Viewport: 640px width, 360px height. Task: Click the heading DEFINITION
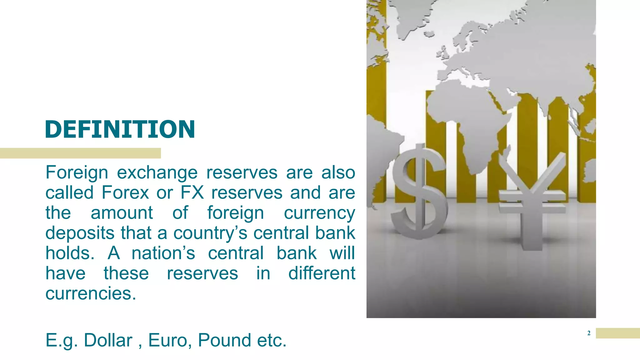120,129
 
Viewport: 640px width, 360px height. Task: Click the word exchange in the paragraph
157,172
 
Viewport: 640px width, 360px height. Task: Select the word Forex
125,192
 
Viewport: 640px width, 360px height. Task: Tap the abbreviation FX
192,192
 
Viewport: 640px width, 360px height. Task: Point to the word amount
122,213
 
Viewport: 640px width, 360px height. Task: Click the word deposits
80,233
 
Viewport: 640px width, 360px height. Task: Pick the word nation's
163,253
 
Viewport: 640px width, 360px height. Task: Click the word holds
70,253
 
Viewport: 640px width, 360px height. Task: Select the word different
322,273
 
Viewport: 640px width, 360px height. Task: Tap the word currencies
91,293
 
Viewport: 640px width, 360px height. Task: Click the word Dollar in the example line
108,340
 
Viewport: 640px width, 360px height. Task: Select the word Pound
224,340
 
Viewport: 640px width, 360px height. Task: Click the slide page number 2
589,333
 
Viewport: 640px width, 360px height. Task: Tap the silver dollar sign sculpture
419,194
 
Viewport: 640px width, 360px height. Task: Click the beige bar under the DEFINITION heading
80,153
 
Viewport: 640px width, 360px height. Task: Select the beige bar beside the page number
618,333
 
